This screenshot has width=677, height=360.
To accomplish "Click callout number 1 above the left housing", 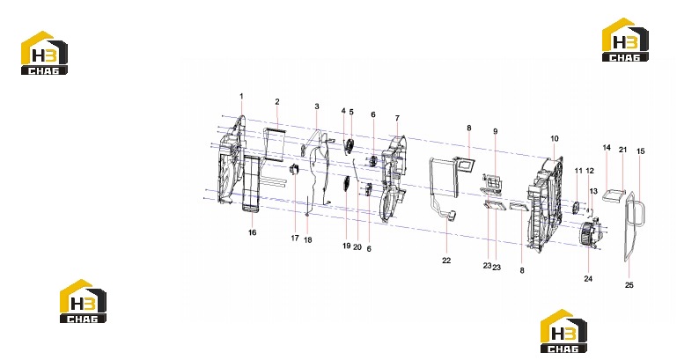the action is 241,96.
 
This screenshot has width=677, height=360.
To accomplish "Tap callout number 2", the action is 277,102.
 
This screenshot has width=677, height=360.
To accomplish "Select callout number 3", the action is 317,107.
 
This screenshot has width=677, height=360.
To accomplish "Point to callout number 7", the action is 397,118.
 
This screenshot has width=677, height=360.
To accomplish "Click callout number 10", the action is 555,138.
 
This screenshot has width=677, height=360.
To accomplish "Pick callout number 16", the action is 252,232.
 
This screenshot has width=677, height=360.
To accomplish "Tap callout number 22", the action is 446,261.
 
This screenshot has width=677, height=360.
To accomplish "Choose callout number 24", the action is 588,279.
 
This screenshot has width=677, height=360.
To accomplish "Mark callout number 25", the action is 629,285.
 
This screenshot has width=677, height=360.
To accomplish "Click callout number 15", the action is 640,151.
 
